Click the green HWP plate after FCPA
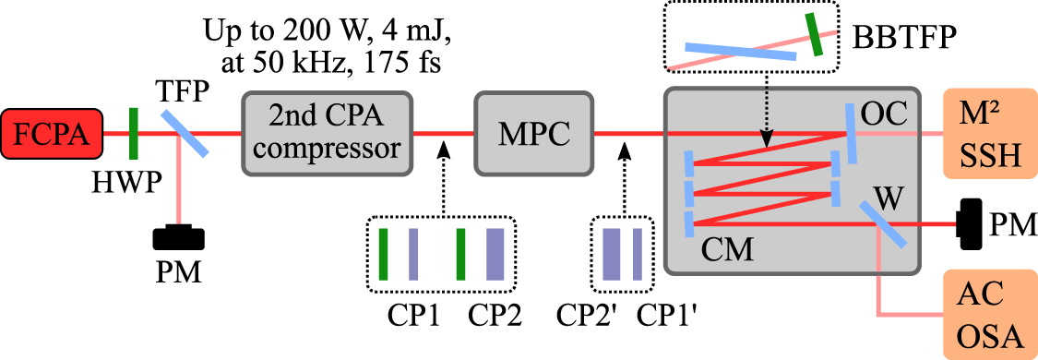click(134, 133)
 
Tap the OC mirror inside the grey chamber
click(849, 132)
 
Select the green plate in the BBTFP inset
click(815, 34)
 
